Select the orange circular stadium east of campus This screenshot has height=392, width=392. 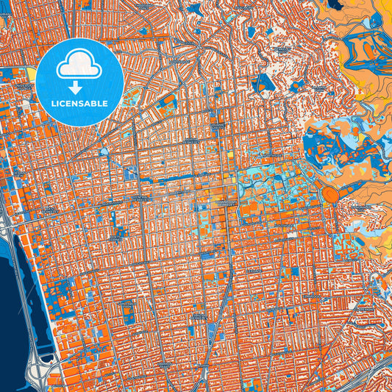click(x=329, y=195)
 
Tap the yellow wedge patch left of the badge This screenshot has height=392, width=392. click(x=32, y=74)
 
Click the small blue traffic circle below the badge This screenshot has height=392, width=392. click(x=102, y=152)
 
